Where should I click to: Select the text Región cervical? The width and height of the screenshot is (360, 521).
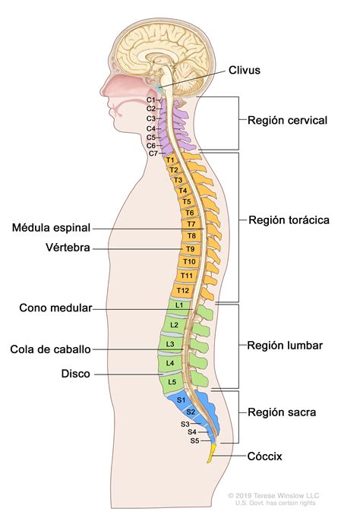coord(287,120)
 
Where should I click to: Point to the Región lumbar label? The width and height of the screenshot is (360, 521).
coord(285,345)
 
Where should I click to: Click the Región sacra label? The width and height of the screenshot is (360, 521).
coord(282,412)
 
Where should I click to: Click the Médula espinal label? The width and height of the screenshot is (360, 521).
coord(52,227)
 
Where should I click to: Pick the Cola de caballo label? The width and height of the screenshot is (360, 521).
coord(51,349)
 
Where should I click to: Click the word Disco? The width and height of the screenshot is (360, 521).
coord(77,374)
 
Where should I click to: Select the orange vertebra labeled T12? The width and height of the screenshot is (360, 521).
coord(182,289)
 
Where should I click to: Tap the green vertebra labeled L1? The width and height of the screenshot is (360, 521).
coord(179,305)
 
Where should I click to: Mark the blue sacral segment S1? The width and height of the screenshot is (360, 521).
coord(181,399)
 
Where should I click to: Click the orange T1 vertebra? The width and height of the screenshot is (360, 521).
coord(170,160)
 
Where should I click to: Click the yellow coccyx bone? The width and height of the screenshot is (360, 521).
coord(213,453)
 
